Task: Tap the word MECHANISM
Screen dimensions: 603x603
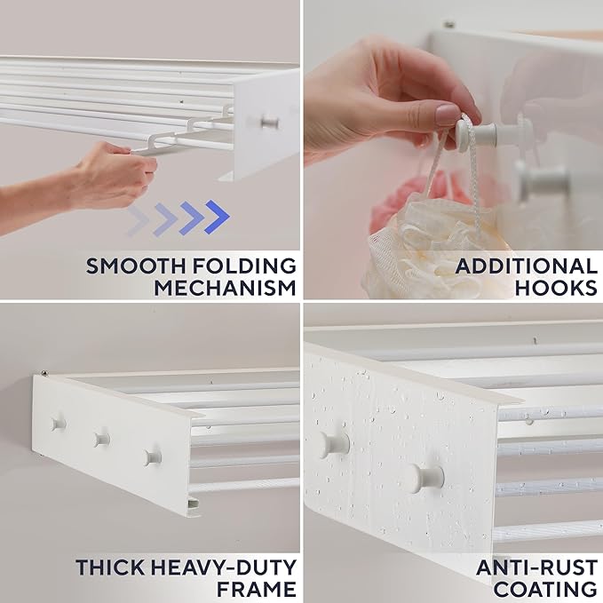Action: [x=225, y=287]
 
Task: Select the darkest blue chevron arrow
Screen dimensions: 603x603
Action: [x=216, y=218]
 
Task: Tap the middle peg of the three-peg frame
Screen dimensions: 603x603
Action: [x=102, y=438]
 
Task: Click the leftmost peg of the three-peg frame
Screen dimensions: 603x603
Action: [x=59, y=423]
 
